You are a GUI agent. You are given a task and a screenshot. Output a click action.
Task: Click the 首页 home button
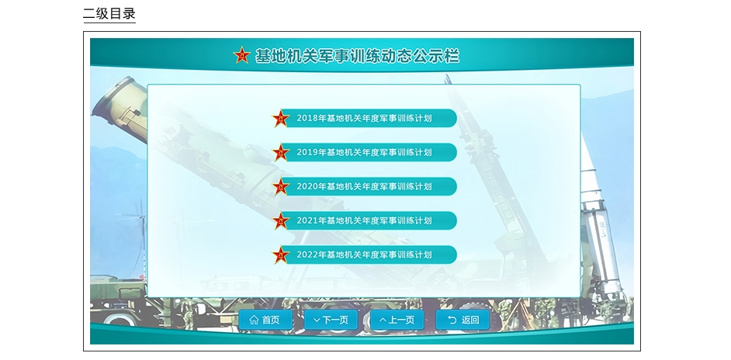tap(265, 320)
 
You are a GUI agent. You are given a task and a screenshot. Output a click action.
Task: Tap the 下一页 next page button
tap(331, 320)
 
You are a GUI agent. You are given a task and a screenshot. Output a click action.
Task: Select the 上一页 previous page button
tap(397, 320)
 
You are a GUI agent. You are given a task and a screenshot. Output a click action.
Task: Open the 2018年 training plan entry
tap(365, 118)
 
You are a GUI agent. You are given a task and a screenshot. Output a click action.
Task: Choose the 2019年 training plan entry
tap(365, 152)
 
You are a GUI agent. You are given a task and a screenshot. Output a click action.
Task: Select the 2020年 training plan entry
tap(365, 186)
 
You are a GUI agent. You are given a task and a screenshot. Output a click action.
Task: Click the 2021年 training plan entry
tap(365, 220)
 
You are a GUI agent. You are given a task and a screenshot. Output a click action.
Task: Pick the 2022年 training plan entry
tap(365, 254)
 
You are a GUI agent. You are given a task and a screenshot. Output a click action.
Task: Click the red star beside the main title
tap(242, 56)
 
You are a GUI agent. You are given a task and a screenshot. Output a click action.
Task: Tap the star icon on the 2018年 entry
tap(281, 119)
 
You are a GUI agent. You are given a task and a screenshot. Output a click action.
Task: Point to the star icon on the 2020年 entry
tap(281, 186)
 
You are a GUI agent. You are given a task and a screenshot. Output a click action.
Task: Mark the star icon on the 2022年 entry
tap(281, 255)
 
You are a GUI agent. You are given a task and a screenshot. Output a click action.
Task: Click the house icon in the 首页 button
tap(254, 320)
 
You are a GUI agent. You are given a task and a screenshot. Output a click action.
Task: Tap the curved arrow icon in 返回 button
tap(452, 320)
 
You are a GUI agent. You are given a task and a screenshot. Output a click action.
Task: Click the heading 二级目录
tap(109, 13)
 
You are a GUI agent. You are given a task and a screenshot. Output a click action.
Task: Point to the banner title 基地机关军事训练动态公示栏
tap(357, 56)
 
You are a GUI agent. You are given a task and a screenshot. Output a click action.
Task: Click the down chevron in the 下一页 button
tap(317, 320)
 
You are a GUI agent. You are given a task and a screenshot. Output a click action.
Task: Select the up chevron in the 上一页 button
tap(383, 320)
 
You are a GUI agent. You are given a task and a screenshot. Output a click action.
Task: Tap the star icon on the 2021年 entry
tap(281, 221)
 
